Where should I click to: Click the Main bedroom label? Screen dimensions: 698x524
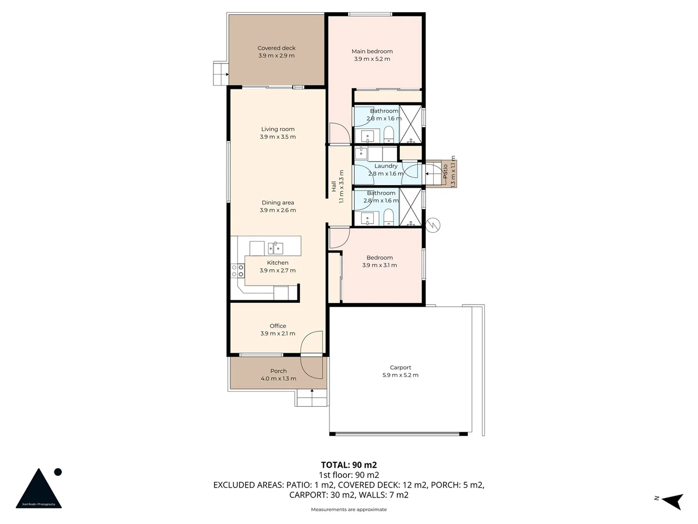372,51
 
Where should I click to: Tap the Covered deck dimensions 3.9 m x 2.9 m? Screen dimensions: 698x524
276,56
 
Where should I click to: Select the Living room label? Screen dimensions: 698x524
278,129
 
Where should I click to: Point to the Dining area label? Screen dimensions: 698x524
278,203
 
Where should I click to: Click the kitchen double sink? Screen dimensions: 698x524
275,248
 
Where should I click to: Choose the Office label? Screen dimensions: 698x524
278,326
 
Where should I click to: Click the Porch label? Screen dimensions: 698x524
278,371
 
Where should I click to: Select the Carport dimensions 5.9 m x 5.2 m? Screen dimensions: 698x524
400,375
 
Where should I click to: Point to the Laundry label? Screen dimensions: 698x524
386,166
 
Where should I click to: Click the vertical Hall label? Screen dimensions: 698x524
333,186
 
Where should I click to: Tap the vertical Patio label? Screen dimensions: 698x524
445,171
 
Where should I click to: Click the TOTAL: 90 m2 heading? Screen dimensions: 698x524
349,465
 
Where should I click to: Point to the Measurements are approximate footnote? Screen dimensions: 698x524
349,509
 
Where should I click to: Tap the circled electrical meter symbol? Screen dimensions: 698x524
432,225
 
